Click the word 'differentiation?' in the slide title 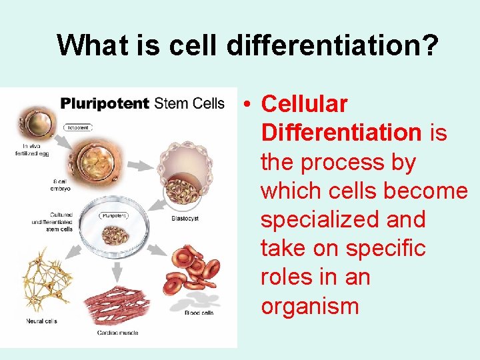click(x=333, y=45)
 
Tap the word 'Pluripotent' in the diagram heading click(x=104, y=103)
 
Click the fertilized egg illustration click(x=39, y=123)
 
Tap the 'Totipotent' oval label click(x=78, y=127)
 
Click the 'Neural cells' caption click(x=41, y=321)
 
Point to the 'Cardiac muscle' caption click(x=119, y=331)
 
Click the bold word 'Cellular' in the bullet click(x=304, y=104)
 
